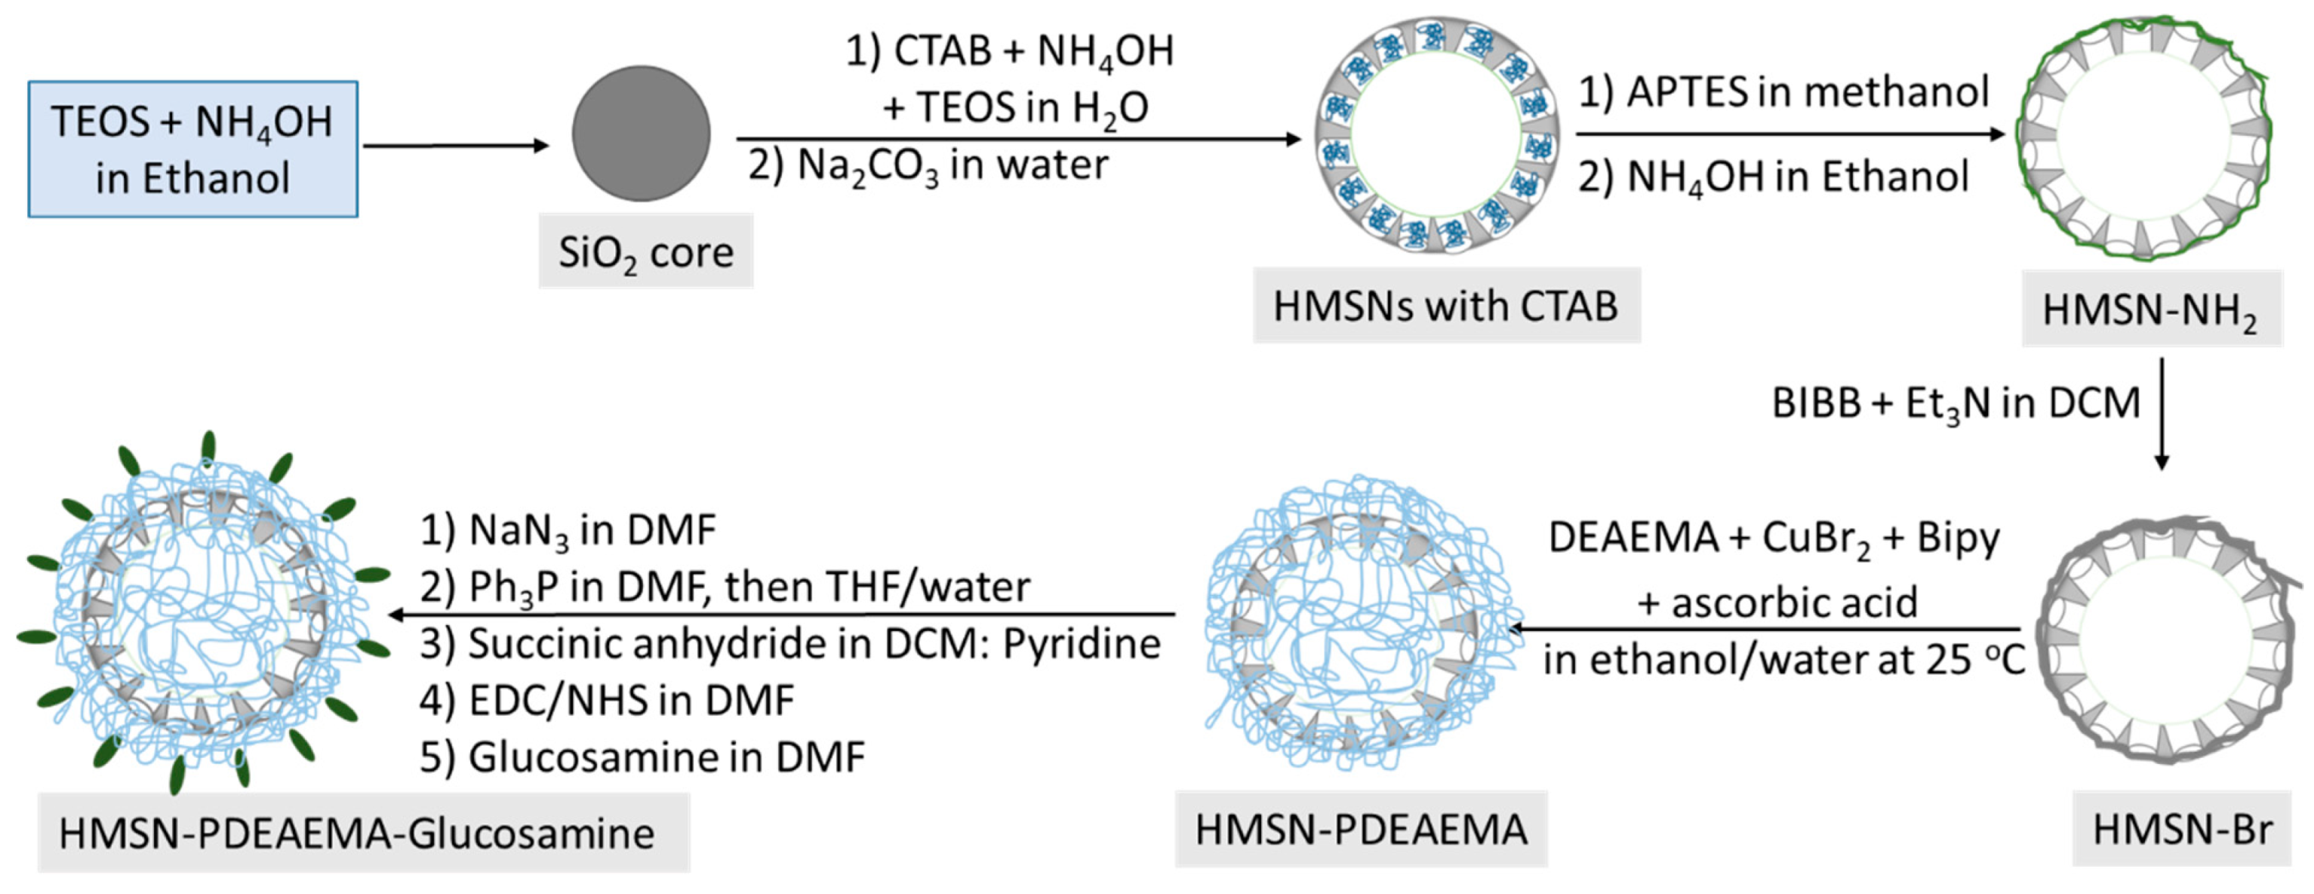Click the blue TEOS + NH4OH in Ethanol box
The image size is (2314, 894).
[192, 150]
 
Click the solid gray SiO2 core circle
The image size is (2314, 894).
[641, 133]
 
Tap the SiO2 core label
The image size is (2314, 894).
[645, 251]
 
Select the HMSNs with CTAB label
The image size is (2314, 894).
[1445, 306]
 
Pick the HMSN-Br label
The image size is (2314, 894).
[2182, 829]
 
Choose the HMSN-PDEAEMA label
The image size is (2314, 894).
[1360, 829]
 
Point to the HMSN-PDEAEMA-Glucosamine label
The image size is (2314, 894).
[357, 833]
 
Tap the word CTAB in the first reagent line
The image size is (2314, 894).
[943, 51]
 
